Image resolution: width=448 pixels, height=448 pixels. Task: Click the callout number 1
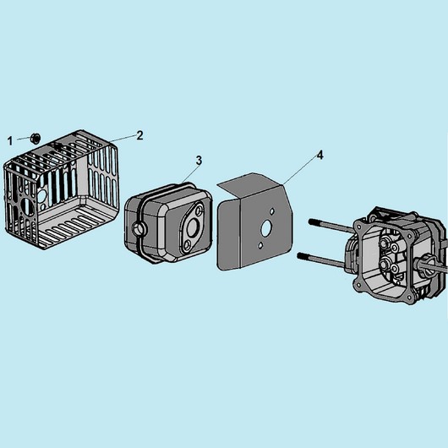[10, 141]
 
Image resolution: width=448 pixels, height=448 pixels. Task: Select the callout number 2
[139, 135]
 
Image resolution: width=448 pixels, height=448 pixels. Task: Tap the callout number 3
[199, 161]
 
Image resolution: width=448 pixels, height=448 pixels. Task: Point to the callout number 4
[320, 156]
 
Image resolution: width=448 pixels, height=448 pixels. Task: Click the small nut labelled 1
[36, 139]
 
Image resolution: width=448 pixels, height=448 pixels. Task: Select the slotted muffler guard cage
[61, 189]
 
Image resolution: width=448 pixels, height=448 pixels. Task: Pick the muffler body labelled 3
[168, 223]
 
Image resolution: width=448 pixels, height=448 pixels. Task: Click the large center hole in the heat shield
[266, 227]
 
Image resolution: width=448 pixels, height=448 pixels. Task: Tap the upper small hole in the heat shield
[272, 211]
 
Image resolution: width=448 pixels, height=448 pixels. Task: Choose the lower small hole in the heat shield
[260, 245]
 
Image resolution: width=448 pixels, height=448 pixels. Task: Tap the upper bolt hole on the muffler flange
[199, 210]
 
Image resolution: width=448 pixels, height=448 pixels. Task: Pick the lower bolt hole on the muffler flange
[187, 244]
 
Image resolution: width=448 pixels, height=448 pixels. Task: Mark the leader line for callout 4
[300, 171]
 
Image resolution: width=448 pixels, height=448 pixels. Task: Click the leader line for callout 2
[123, 138]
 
